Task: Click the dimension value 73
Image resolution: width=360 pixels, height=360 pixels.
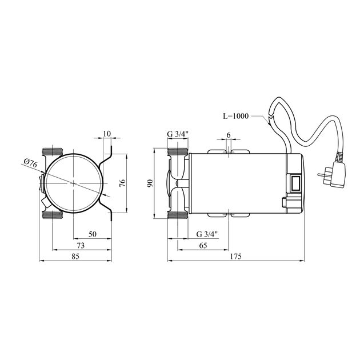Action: tap(81, 245)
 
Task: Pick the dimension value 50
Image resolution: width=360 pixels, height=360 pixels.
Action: tap(92, 234)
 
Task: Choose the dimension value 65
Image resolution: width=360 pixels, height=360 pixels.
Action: tap(203, 245)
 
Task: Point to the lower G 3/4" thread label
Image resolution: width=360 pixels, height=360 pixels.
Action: tap(207, 234)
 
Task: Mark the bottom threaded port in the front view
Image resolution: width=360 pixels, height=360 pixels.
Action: tap(53, 214)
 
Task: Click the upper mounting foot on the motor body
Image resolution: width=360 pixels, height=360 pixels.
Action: tap(229, 151)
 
